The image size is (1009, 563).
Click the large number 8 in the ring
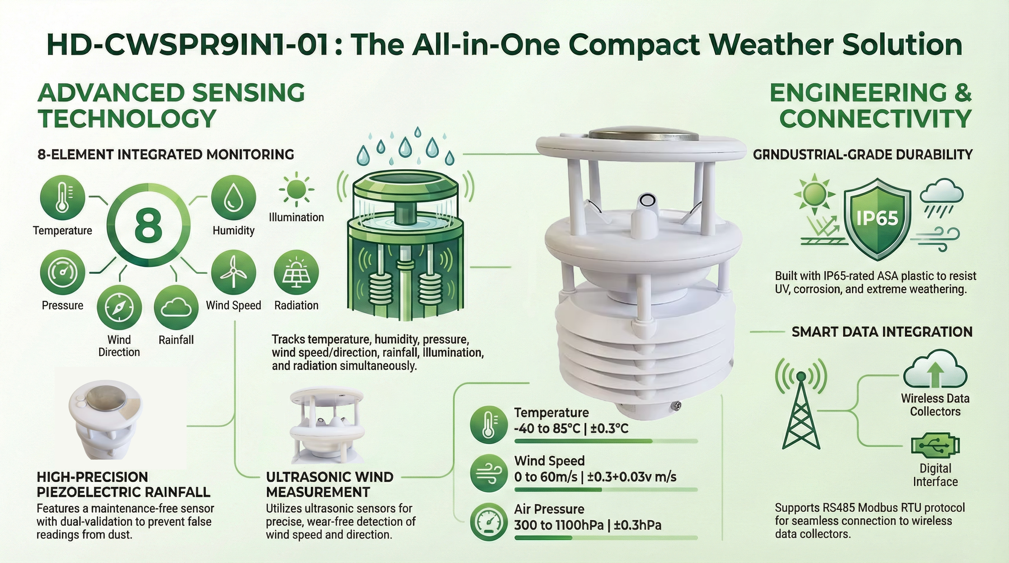[148, 224]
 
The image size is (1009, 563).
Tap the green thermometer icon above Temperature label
[63, 197]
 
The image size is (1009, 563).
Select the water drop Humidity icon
[234, 197]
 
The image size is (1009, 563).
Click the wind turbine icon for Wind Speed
[234, 272]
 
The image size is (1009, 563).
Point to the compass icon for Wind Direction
[119, 307]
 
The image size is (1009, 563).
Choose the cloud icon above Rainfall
[176, 307]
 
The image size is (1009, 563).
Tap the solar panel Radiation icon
[296, 272]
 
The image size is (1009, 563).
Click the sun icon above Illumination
[296, 189]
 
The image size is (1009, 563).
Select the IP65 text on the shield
[877, 218]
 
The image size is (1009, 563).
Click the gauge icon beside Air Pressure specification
[488, 522]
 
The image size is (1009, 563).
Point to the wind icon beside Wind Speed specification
[488, 473]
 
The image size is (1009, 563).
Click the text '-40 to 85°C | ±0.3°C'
[571, 428]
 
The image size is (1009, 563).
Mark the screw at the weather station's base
[676, 406]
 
